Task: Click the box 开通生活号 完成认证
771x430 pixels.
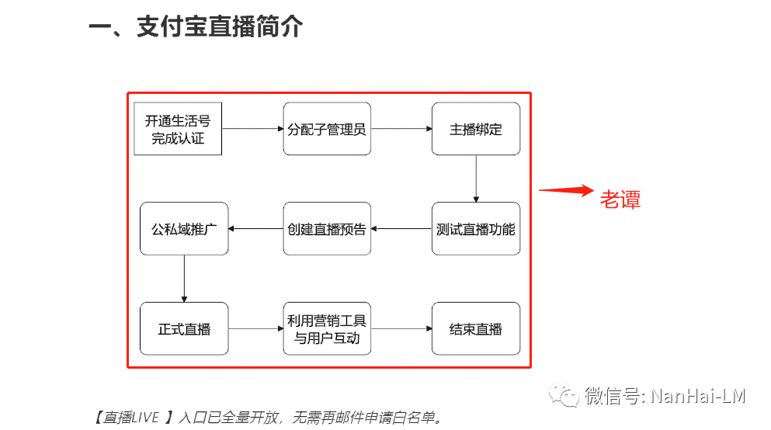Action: coord(178,129)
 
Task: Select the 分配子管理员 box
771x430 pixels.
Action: coord(327,129)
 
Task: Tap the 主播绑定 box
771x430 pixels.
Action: coord(475,129)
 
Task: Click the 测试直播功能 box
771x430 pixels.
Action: coord(475,229)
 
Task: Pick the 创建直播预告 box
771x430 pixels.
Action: coord(327,229)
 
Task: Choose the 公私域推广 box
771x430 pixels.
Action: coord(184,229)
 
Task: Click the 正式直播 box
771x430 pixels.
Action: coord(184,328)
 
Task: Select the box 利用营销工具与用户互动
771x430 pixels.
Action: coord(327,328)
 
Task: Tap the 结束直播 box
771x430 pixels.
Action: coord(475,328)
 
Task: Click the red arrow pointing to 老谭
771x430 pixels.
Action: coord(566,191)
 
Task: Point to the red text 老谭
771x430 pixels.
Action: coord(620,199)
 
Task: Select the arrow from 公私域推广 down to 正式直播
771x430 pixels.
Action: coord(184,278)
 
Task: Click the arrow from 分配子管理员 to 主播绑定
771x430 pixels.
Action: coord(401,129)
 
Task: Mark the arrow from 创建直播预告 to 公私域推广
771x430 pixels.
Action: coord(255,229)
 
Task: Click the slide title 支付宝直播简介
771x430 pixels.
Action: coord(219,28)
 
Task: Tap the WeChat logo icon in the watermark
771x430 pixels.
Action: coord(564,397)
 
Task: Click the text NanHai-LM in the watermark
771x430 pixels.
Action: coord(698,397)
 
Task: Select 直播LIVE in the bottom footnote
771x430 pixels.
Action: coord(131,418)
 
